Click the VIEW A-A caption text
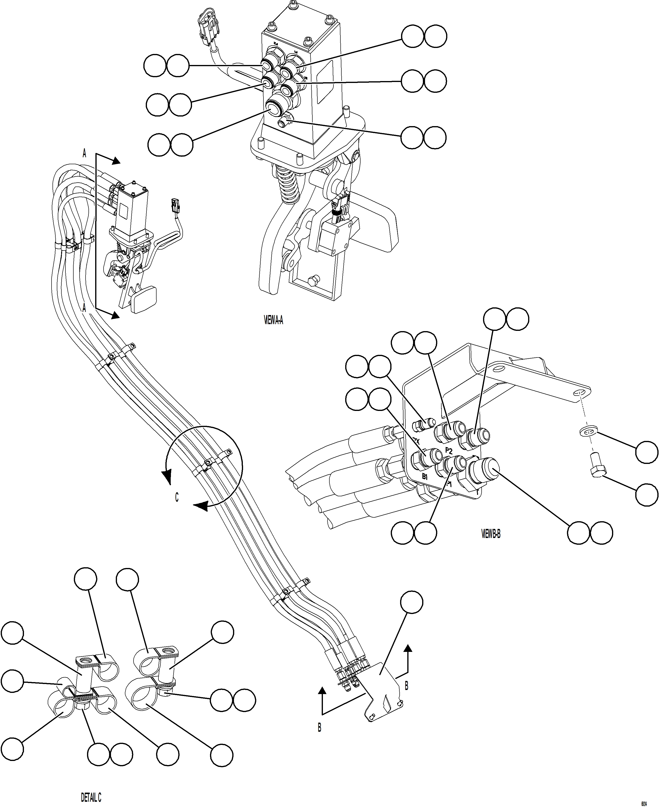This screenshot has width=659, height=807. coord(273,320)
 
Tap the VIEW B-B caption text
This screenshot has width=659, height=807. coord(490,534)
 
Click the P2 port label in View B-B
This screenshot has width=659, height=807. coord(449,451)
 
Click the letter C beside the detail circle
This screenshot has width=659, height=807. coord(176,497)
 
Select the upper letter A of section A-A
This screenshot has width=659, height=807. coord(84,153)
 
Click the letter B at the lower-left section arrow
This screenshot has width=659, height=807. coord(320,727)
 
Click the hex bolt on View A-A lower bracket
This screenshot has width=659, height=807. coord(314,281)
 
